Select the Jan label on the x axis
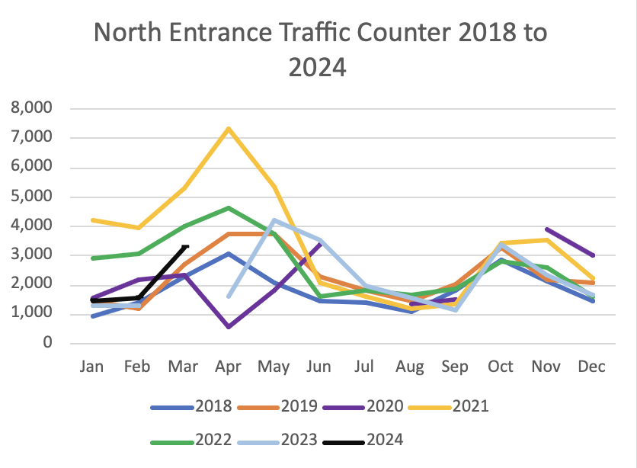point(92,367)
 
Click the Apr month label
point(229,367)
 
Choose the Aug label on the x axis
point(410,367)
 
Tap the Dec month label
point(591,367)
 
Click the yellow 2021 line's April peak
point(229,128)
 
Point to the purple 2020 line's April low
point(229,327)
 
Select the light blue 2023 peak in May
point(274,220)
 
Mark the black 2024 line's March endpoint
point(186,246)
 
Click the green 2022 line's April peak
point(229,207)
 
